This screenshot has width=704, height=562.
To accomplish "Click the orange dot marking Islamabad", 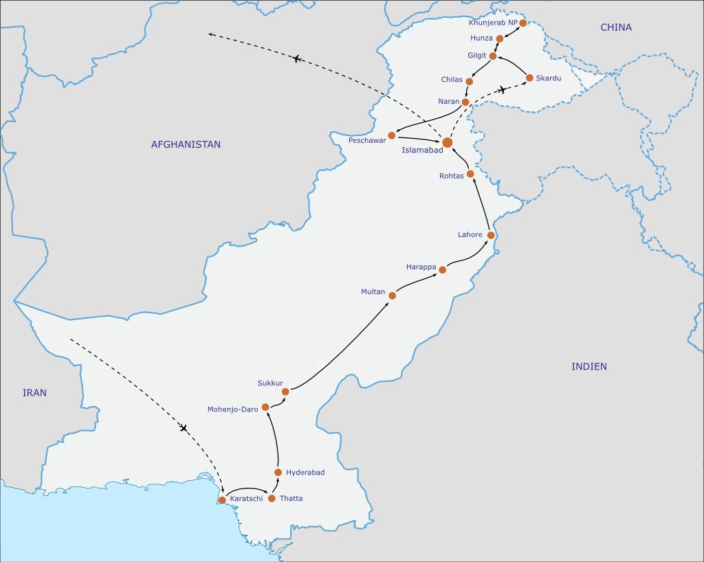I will pyautogui.click(x=448, y=143).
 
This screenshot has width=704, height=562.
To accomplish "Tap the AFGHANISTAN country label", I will pyautogui.click(x=186, y=144).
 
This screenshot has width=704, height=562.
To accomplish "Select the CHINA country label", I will pyautogui.click(x=615, y=27).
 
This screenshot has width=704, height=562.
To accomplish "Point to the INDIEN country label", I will pyautogui.click(x=589, y=366).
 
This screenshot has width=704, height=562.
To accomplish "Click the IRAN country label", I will pyautogui.click(x=34, y=393).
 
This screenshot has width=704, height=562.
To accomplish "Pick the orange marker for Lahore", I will pyautogui.click(x=491, y=235).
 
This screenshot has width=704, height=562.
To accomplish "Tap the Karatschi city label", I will pyautogui.click(x=246, y=498).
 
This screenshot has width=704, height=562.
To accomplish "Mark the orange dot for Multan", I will pyautogui.click(x=392, y=295).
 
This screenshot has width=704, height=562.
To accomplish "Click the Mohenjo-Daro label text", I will pyautogui.click(x=232, y=409).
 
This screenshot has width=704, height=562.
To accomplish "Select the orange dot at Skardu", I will pyautogui.click(x=529, y=78).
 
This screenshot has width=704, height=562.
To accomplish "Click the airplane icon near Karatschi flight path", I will pyautogui.click(x=184, y=429).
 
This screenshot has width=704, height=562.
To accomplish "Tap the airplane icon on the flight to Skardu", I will pyautogui.click(x=502, y=90).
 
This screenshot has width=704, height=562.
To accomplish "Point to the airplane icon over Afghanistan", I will pyautogui.click(x=297, y=59).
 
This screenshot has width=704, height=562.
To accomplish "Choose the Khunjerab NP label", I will pyautogui.click(x=492, y=23).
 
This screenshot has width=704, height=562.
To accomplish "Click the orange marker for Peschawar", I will pyautogui.click(x=391, y=135).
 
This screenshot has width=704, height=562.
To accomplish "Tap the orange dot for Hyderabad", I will pyautogui.click(x=278, y=472).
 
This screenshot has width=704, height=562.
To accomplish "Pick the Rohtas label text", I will pyautogui.click(x=452, y=176).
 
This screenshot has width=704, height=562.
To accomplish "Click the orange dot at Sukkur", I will pyautogui.click(x=285, y=392).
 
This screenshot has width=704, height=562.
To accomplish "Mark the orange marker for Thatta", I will pyautogui.click(x=272, y=498).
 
